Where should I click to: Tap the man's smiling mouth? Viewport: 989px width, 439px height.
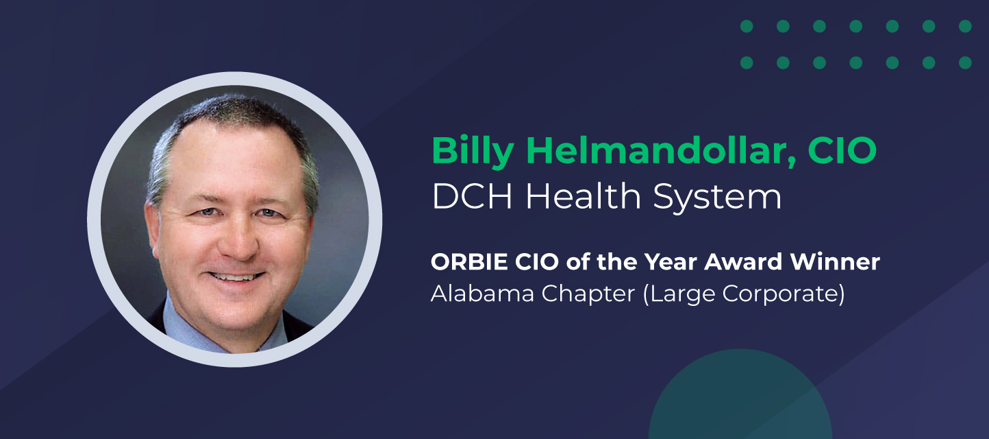pos(236,276)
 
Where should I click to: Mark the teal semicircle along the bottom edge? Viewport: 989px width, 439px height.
pos(740,401)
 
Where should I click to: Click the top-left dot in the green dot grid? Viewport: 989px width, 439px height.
pos(747,26)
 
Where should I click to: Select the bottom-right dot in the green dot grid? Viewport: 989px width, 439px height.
pos(965,62)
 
